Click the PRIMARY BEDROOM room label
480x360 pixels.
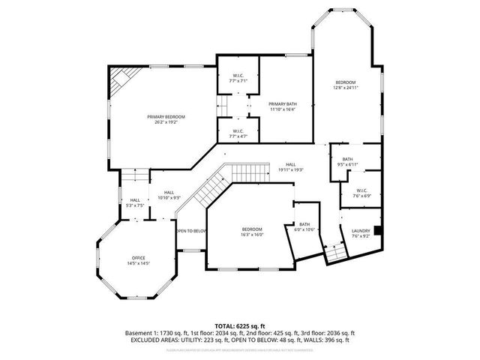(x=166, y=117)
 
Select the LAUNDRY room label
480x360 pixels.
(x=360, y=231)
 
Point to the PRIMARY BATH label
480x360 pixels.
(x=283, y=104)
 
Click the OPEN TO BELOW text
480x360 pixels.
(x=191, y=231)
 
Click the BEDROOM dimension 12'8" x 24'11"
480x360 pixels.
(x=345, y=88)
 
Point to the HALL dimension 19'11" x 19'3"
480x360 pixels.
(x=290, y=170)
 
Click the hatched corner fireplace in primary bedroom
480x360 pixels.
(x=118, y=81)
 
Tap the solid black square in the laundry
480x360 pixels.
(x=379, y=230)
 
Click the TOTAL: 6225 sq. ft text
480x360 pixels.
(x=240, y=325)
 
